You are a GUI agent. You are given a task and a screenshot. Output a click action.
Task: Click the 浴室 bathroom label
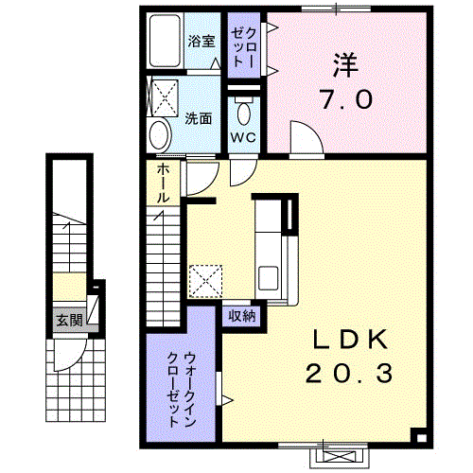[x=201, y=41]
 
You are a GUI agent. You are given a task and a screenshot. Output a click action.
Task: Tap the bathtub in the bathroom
[x=165, y=41]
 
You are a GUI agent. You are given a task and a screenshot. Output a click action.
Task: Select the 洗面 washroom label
[x=198, y=118]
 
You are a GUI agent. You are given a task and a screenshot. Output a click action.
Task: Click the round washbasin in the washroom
[x=160, y=136]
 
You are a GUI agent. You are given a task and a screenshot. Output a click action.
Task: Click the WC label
[x=243, y=137]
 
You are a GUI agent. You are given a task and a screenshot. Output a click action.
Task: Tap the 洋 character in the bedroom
[x=346, y=65]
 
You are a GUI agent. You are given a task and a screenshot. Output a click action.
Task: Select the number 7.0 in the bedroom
[x=346, y=98]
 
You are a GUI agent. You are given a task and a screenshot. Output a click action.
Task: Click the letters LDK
[x=350, y=339]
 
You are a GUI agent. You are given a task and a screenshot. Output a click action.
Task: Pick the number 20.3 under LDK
[x=349, y=373]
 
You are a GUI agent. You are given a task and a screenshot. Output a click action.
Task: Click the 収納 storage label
[x=242, y=316]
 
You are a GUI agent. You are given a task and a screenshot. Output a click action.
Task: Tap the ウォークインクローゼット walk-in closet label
[x=182, y=390]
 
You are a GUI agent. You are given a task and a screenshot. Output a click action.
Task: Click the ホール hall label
[x=163, y=183]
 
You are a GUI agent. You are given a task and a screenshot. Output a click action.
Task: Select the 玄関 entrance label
[x=69, y=321]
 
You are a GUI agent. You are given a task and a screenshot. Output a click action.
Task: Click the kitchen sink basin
[x=269, y=278]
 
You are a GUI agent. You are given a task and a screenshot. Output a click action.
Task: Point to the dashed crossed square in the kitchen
[x=205, y=281]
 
